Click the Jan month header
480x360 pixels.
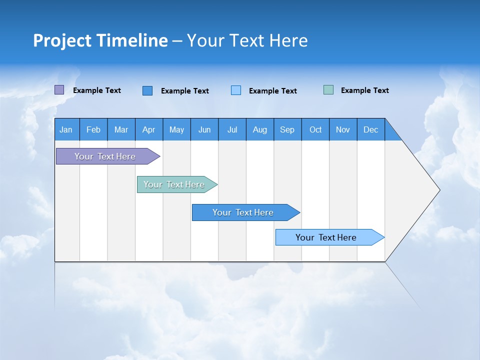[66, 129]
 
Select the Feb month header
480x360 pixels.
[93, 129]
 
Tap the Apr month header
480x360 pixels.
[148, 129]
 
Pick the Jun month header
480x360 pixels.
[204, 129]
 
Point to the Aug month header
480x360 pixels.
[259, 129]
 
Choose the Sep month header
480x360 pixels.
[287, 129]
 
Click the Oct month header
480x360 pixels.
[315, 129]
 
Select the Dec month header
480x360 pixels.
[370, 129]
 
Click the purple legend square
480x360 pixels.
[59, 90]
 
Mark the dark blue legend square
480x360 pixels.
[147, 90]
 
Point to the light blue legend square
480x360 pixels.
[236, 90]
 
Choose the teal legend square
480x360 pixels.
[328, 90]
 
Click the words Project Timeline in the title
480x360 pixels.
[100, 40]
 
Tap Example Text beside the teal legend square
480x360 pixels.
[364, 90]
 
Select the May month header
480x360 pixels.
[176, 129]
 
